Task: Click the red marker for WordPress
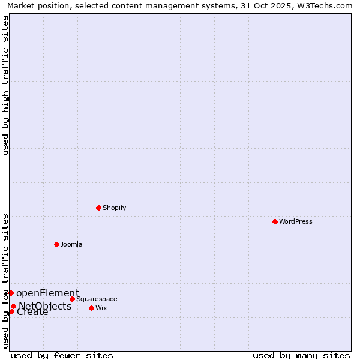(275, 221)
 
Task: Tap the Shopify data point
(98, 208)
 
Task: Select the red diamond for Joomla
(56, 244)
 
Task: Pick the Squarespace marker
(72, 299)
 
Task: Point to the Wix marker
(91, 308)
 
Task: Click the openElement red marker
(11, 293)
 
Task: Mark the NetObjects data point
(13, 306)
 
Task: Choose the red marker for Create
(11, 311)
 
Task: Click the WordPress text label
(296, 221)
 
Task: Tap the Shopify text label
(114, 208)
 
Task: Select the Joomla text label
(71, 244)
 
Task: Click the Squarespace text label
(97, 299)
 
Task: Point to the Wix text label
(101, 308)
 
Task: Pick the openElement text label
(47, 293)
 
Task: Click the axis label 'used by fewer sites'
(62, 355)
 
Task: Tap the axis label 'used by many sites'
(301, 355)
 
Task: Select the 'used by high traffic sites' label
(5, 85)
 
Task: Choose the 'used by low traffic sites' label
(5, 280)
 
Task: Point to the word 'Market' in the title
(22, 5)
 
